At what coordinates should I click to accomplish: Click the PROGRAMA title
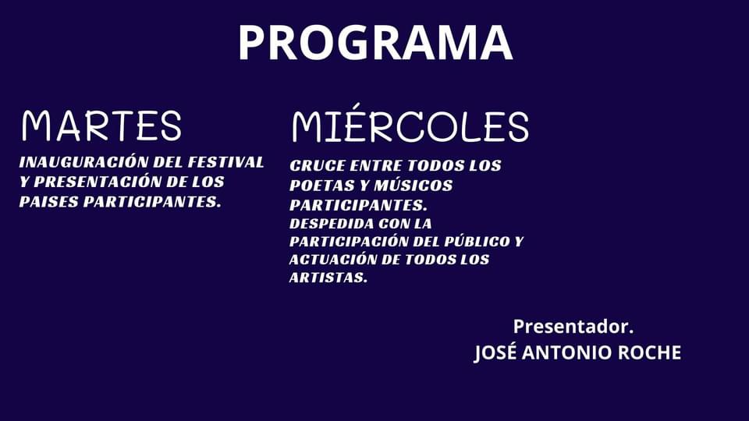pyautogui.click(x=375, y=42)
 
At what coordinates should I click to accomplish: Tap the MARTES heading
pyautogui.click(x=101, y=126)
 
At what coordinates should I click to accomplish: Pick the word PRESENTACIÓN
pyautogui.click(x=98, y=181)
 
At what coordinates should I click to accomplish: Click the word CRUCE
pyautogui.click(x=318, y=165)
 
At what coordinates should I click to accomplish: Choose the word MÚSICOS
pyautogui.click(x=414, y=185)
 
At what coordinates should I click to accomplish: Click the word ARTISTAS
pyautogui.click(x=328, y=278)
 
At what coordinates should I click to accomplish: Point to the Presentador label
pyautogui.click(x=573, y=327)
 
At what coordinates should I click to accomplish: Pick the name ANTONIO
pyautogui.click(x=567, y=352)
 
